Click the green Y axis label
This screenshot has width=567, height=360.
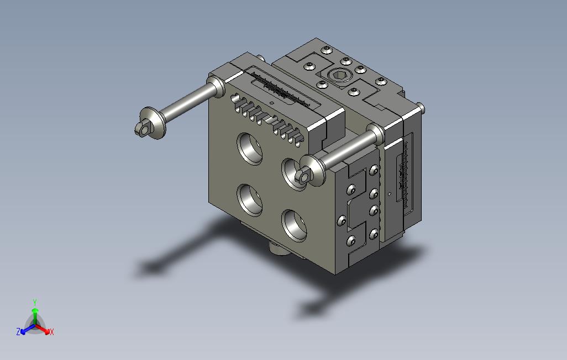(35, 302)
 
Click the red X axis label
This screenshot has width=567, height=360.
(52, 332)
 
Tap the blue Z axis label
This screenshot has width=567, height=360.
(18, 331)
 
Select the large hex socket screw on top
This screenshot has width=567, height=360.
(339, 75)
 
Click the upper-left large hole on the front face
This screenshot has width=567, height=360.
(250, 149)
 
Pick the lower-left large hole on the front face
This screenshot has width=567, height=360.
(250, 200)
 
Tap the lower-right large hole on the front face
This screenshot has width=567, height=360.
(295, 225)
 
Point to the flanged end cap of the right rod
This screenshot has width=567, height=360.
(311, 171)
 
